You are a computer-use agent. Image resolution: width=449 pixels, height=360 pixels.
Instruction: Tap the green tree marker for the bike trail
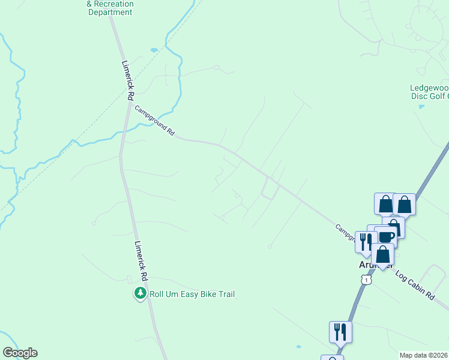tap(140, 293)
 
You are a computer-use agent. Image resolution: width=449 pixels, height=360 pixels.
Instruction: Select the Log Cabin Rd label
tap(415, 284)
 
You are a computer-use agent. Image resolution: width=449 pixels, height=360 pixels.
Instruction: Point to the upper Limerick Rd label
tap(127, 80)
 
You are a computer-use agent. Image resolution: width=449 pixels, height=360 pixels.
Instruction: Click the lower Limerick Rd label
tap(141, 262)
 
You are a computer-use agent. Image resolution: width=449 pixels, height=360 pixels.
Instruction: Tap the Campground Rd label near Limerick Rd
tap(154, 121)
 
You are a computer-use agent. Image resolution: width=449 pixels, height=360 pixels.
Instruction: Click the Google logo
tap(20, 353)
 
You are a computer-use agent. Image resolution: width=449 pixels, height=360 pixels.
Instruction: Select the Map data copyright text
tap(423, 355)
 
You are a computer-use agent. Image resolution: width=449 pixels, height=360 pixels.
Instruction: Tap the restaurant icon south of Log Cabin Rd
tap(340, 331)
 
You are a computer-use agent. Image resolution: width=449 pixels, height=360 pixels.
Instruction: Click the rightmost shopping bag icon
tap(405, 204)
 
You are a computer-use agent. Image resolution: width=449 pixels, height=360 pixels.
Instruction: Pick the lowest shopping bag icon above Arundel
tap(382, 254)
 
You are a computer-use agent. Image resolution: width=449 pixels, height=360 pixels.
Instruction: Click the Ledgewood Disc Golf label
tap(429, 91)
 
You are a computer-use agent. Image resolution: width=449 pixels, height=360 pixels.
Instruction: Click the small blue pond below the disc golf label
tap(421, 107)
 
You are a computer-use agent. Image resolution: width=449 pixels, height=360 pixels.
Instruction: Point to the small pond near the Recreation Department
tap(154, 49)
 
